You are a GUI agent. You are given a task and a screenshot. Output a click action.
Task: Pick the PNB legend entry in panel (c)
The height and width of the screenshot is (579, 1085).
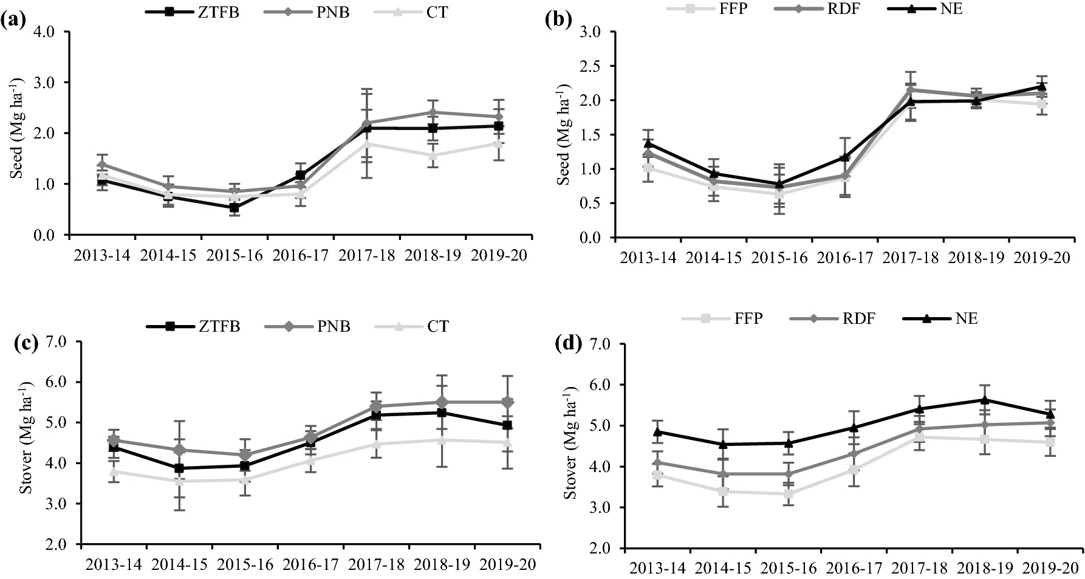pos(334,326)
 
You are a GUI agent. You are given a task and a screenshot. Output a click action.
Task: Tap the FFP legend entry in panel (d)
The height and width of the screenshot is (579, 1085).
pos(747,318)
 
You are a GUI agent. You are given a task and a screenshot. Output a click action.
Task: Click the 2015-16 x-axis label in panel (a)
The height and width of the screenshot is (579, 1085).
pos(234,255)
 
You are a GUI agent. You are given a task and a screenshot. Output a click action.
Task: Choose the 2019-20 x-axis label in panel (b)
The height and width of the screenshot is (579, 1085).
pos(1041,258)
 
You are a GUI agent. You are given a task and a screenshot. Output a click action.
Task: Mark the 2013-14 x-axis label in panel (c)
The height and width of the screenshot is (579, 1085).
pos(114,564)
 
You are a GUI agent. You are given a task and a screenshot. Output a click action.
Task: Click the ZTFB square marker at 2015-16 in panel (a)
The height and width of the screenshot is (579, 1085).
pos(234,208)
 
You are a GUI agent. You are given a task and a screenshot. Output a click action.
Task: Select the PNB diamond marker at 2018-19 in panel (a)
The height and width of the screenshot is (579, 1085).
pos(432,112)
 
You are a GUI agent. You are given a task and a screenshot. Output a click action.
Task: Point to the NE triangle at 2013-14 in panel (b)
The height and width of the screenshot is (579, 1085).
pos(648,143)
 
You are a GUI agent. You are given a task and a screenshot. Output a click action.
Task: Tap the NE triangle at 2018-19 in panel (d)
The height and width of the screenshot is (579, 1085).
pos(984,400)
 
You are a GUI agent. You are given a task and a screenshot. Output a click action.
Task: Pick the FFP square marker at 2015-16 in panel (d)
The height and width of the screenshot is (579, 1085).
pos(788,494)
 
